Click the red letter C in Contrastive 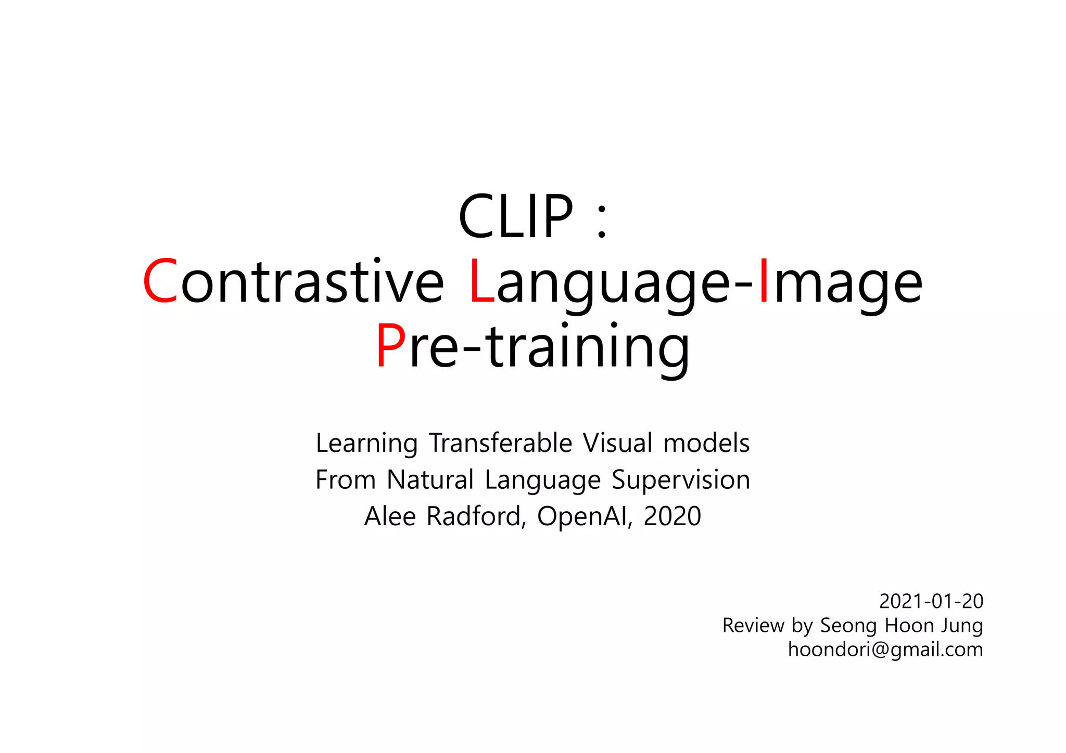(160, 281)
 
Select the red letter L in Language (481, 281)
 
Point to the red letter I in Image (764, 281)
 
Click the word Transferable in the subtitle (500, 443)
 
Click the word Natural (430, 479)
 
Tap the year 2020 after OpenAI (672, 516)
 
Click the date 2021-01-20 (931, 601)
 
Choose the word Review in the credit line (753, 626)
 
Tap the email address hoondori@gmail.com (885, 650)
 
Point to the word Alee (390, 516)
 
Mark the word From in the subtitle (345, 479)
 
